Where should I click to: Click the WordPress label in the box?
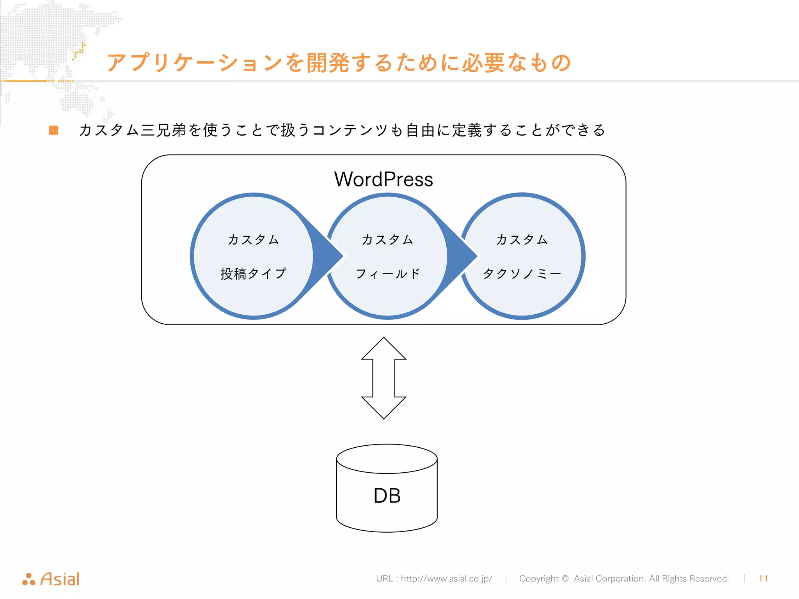(x=384, y=179)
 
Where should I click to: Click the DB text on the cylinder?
(x=387, y=496)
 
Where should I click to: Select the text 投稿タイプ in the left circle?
(x=253, y=273)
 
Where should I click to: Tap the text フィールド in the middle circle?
(x=387, y=273)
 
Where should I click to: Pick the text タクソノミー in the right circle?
(x=522, y=273)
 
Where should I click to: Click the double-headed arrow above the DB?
(x=384, y=378)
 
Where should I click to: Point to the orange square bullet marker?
(x=54, y=130)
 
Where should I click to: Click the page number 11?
(x=763, y=578)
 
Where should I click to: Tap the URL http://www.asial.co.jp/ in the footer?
(x=446, y=578)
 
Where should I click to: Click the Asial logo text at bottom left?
(x=60, y=579)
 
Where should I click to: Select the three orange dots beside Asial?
(x=29, y=580)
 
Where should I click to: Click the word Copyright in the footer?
(x=538, y=578)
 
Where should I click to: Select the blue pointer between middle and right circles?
(x=462, y=256)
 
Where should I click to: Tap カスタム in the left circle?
(x=253, y=239)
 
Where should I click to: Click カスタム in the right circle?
(x=522, y=239)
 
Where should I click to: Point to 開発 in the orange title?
(x=328, y=63)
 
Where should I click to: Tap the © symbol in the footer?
(x=565, y=578)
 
